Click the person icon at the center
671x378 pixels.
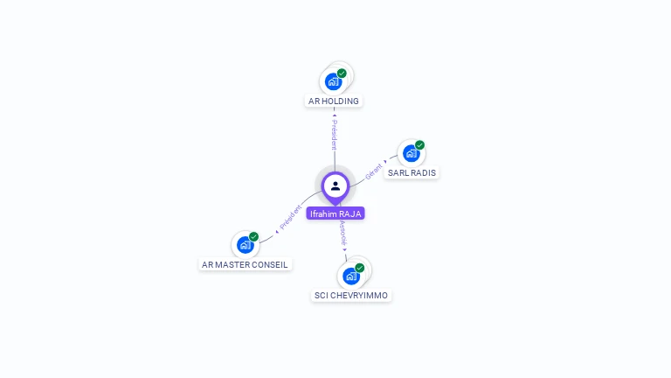click(x=335, y=185)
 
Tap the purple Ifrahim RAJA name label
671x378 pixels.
click(x=335, y=213)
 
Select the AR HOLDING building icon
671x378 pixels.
click(x=333, y=82)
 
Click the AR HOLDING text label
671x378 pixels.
click(x=334, y=101)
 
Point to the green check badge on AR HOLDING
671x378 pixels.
click(x=342, y=73)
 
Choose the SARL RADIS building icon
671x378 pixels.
click(x=411, y=153)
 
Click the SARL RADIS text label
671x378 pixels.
click(x=412, y=173)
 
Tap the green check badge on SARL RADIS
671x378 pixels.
click(x=419, y=145)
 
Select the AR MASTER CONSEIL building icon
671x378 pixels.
click(x=245, y=245)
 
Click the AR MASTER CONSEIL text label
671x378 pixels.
click(x=245, y=264)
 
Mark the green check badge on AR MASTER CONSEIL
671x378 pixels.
click(x=253, y=236)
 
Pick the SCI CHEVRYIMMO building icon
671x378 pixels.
click(x=350, y=276)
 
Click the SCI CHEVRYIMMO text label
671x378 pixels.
click(x=351, y=296)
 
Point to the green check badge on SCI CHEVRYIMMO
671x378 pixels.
click(x=359, y=268)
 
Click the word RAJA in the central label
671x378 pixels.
click(x=349, y=213)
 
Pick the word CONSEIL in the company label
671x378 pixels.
click(x=269, y=264)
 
